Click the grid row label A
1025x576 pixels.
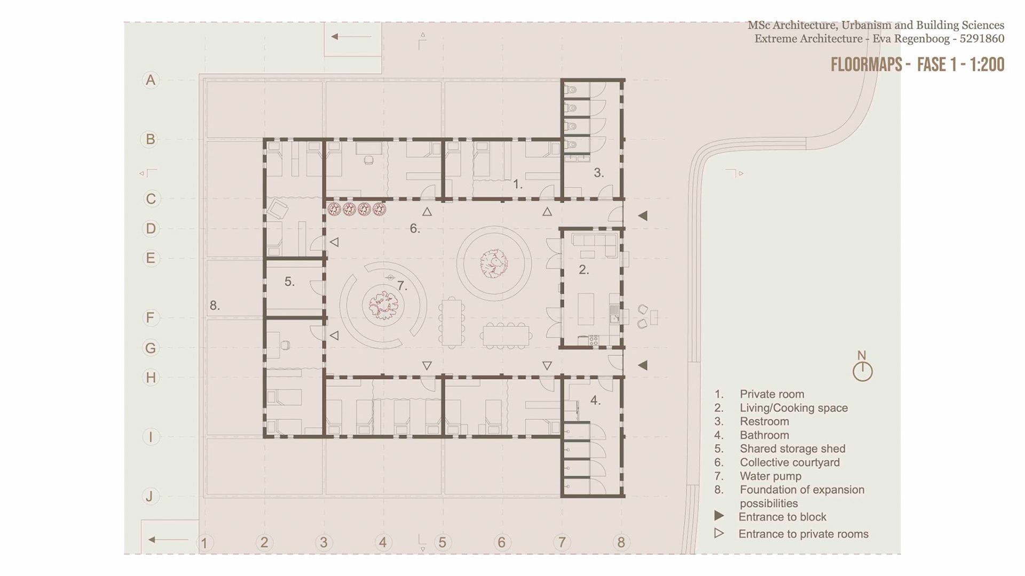coord(151,80)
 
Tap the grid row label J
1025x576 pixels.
coord(150,497)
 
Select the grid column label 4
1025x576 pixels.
coord(383,542)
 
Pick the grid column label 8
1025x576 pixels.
coord(621,542)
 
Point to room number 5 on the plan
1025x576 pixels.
coord(289,282)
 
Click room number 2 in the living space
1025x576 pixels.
coord(584,270)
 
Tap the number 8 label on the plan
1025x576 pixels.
coord(215,306)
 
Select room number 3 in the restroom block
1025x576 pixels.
coord(599,173)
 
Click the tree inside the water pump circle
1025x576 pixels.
coord(383,306)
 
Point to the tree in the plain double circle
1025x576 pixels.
coord(494,263)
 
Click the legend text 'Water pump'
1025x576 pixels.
coord(770,476)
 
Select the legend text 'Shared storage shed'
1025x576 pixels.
coord(792,449)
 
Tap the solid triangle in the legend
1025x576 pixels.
coord(719,516)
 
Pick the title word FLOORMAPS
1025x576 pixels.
coord(866,65)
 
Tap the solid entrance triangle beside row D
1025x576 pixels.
coord(643,215)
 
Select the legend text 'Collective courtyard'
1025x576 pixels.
coord(790,462)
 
